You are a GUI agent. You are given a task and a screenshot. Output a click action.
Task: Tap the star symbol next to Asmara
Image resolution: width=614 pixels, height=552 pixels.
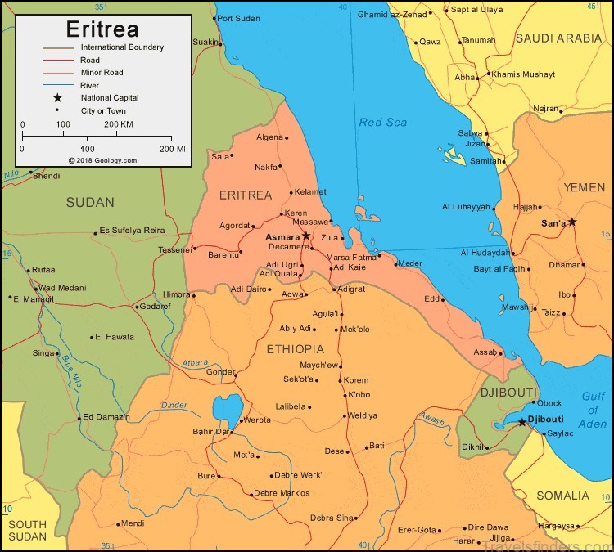(306, 236)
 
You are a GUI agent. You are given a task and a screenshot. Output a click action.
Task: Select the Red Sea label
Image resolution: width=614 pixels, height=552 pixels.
(382, 122)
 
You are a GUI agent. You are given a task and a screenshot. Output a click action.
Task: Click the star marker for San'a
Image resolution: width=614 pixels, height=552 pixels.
(572, 222)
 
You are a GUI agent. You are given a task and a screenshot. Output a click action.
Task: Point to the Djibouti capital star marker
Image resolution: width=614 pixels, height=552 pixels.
(522, 422)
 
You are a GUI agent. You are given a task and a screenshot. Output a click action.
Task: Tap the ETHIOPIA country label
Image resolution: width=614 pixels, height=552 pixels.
(295, 348)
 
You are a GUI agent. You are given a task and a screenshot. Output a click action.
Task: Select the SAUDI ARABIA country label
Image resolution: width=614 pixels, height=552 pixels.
(558, 38)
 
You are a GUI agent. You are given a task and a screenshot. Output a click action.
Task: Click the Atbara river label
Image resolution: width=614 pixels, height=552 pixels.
(195, 361)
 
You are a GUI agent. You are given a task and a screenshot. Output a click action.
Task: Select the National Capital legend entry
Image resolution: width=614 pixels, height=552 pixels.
(110, 97)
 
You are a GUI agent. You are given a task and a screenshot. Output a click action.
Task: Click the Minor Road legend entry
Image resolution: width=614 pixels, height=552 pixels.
(103, 72)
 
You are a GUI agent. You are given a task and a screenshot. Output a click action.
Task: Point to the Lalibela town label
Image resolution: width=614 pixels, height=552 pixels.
(290, 406)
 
